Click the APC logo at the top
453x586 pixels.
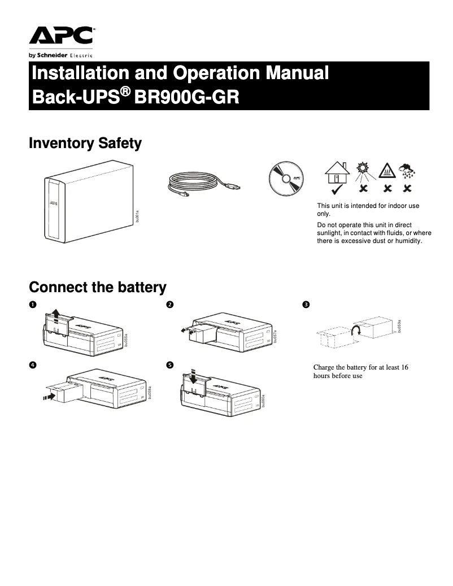pos(62,36)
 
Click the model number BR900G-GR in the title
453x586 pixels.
pos(187,97)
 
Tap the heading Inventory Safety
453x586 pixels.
pos(85,144)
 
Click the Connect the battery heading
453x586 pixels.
pos(97,287)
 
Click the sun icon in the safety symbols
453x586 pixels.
pos(362,170)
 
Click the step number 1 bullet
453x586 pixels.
pos(33,305)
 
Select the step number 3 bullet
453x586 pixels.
pos(306,305)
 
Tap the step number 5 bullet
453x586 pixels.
pos(169,365)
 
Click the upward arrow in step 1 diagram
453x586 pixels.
pos(54,314)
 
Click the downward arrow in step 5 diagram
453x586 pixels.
pos(193,377)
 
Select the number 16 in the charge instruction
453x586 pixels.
pos(403,367)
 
